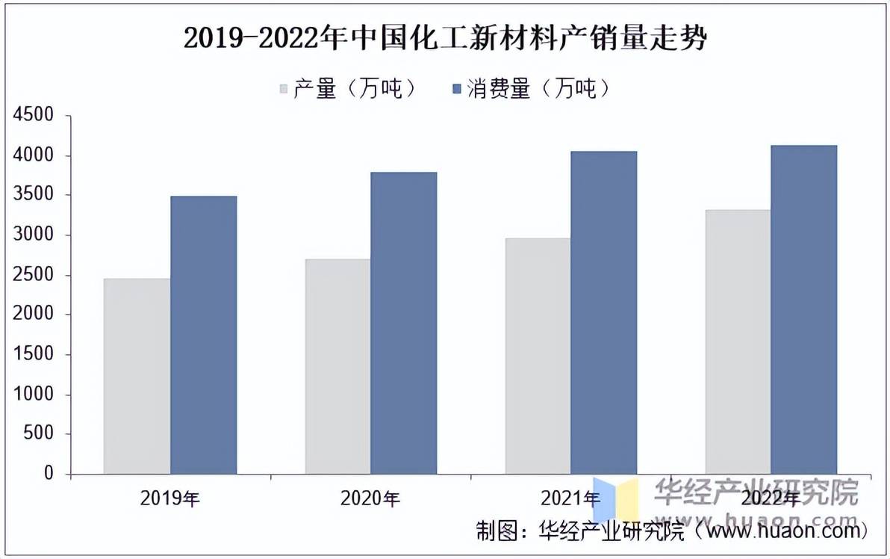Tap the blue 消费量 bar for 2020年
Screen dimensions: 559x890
[x=404, y=323]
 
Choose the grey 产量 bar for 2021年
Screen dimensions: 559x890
[x=538, y=356]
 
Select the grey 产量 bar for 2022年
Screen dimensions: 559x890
[x=738, y=342]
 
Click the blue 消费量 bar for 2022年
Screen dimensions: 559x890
[x=804, y=309]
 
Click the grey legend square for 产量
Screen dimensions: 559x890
[x=284, y=90]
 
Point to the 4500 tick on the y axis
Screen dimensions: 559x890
[x=34, y=116]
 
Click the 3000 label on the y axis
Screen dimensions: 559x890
[x=34, y=235]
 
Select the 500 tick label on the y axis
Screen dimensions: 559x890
[x=39, y=434]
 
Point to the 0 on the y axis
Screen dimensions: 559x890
[x=49, y=474]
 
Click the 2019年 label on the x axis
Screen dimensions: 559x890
[x=170, y=498]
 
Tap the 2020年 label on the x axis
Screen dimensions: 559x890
[x=370, y=498]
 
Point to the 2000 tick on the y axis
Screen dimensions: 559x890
[x=34, y=315]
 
